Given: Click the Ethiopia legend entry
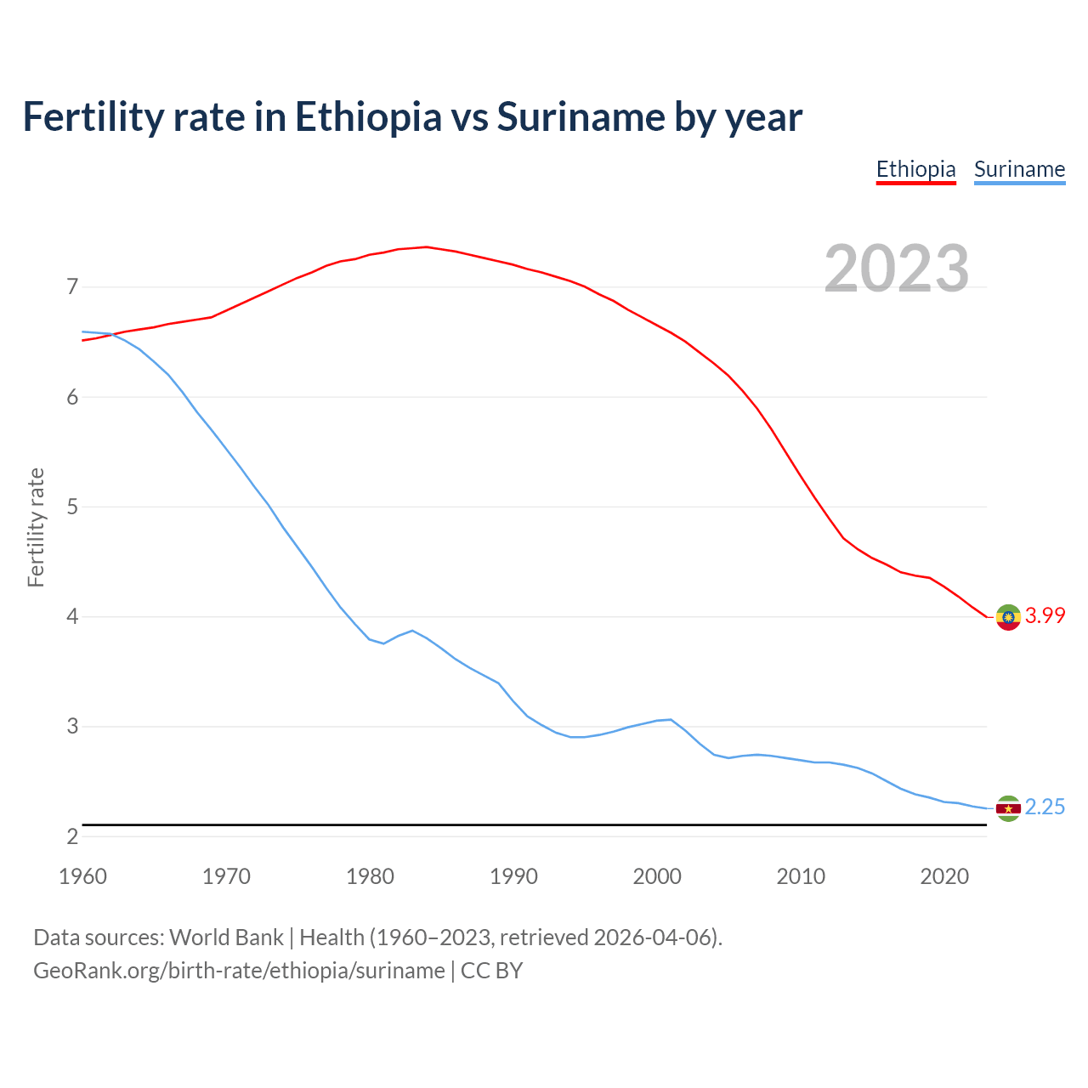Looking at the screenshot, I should (x=915, y=169).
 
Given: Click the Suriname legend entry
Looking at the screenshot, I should (x=1019, y=169).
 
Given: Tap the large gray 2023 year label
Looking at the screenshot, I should (x=897, y=269).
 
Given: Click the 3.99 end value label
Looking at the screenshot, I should (x=1045, y=615).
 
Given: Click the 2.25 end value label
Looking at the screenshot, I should (x=1045, y=807).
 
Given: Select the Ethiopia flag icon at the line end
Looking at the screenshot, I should (x=1008, y=617).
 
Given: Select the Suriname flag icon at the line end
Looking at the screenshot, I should (x=1008, y=808).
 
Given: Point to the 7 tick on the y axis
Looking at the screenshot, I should (x=72, y=287).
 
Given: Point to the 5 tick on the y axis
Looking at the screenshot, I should (x=72, y=507).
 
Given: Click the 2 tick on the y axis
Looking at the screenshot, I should (x=72, y=836).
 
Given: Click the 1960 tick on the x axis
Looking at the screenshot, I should (x=82, y=876).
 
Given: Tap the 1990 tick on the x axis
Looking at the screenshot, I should (x=513, y=876).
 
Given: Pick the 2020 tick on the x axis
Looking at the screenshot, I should (x=944, y=876).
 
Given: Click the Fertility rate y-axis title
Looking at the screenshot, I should (x=36, y=527).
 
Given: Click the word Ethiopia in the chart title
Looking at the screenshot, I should (x=368, y=117).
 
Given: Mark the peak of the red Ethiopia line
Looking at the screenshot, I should (x=426, y=247).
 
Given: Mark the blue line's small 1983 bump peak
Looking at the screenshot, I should (x=412, y=631).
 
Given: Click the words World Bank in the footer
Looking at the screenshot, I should (x=226, y=938).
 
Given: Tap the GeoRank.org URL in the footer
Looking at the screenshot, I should (x=239, y=971).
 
